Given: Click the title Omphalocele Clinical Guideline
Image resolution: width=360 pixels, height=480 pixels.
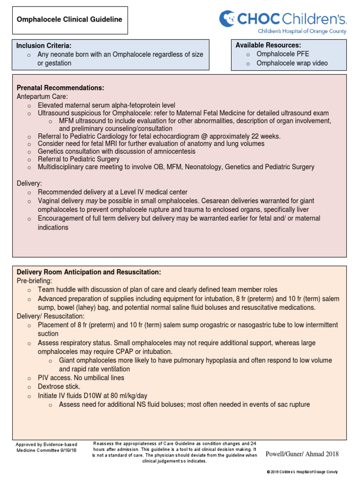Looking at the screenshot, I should coord(69,20).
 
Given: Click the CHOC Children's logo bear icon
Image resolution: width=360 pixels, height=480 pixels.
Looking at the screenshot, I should coord(227,19).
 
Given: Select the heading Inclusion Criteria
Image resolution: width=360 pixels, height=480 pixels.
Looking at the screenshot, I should coord(44,45).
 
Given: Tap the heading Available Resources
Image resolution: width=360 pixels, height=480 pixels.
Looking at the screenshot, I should coord(268,45).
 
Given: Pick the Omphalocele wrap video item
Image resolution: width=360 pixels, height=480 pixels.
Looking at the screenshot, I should coord(292,63).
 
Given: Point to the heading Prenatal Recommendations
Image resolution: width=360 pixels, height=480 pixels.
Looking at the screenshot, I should coord(60,88).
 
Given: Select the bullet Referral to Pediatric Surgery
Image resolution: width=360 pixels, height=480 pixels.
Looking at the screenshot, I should coord(78,159).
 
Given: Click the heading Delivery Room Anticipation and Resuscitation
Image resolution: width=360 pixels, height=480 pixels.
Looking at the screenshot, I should coord(89,272).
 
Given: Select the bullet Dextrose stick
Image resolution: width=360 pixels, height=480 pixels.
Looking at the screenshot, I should coord(59,387).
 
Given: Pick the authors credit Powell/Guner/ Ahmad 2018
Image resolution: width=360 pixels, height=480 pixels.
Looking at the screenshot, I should coord(302,454).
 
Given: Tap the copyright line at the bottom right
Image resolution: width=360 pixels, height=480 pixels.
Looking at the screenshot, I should coord(302,472).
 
